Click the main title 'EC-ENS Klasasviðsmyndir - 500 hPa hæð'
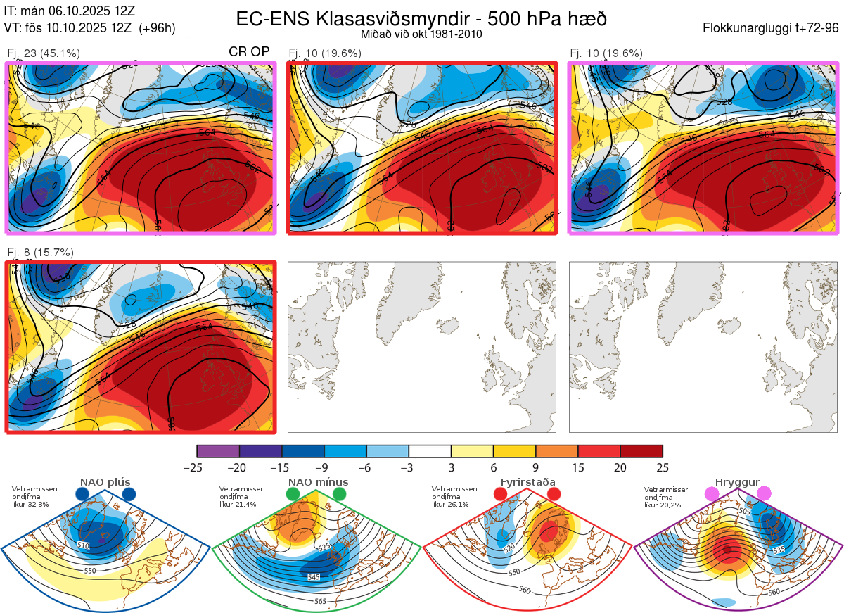pyautogui.click(x=421, y=18)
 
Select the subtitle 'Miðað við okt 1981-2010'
pyautogui.click(x=421, y=34)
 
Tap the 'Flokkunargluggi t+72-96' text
pyautogui.click(x=771, y=28)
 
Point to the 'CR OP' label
pyautogui.click(x=250, y=52)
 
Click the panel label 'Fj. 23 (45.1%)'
pyautogui.click(x=44, y=53)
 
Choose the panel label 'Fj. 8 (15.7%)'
pyautogui.click(x=40, y=252)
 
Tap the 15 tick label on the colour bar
pyautogui.click(x=578, y=467)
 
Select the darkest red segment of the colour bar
pyautogui.click(x=641, y=451)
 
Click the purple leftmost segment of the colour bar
pyautogui.click(x=218, y=451)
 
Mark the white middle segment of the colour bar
pyautogui.click(x=430, y=451)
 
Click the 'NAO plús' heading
pyautogui.click(x=105, y=482)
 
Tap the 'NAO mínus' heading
pyautogui.click(x=318, y=482)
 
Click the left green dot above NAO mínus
pyautogui.click(x=293, y=494)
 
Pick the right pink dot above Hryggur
pyautogui.click(x=764, y=494)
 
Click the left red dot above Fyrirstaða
pyautogui.click(x=500, y=494)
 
